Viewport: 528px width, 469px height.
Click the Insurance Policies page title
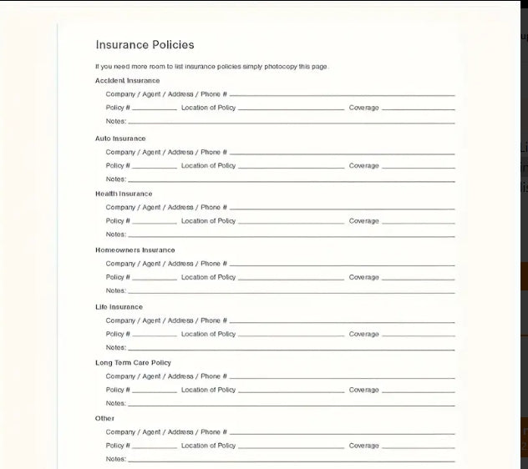(x=145, y=45)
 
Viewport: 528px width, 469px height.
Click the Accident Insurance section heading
(x=127, y=81)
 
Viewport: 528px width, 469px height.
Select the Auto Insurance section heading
(x=120, y=139)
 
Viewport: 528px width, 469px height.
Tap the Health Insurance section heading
(x=124, y=194)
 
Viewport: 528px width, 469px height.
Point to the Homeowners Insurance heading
(x=135, y=250)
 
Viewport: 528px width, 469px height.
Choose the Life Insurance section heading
(x=119, y=307)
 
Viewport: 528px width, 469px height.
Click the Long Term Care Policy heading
(x=133, y=363)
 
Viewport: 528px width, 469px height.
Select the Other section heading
(x=104, y=418)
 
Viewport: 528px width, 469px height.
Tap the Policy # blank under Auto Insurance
(x=155, y=167)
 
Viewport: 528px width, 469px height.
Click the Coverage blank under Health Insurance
(x=418, y=222)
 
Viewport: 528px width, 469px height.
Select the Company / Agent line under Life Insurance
(x=342, y=321)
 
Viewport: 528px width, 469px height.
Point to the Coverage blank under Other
(x=418, y=446)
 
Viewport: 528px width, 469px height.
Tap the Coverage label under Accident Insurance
(x=363, y=108)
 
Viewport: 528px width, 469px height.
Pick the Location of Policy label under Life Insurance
(x=208, y=334)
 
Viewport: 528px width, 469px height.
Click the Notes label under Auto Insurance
(x=115, y=179)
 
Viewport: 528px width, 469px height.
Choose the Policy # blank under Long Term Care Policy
(x=155, y=391)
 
